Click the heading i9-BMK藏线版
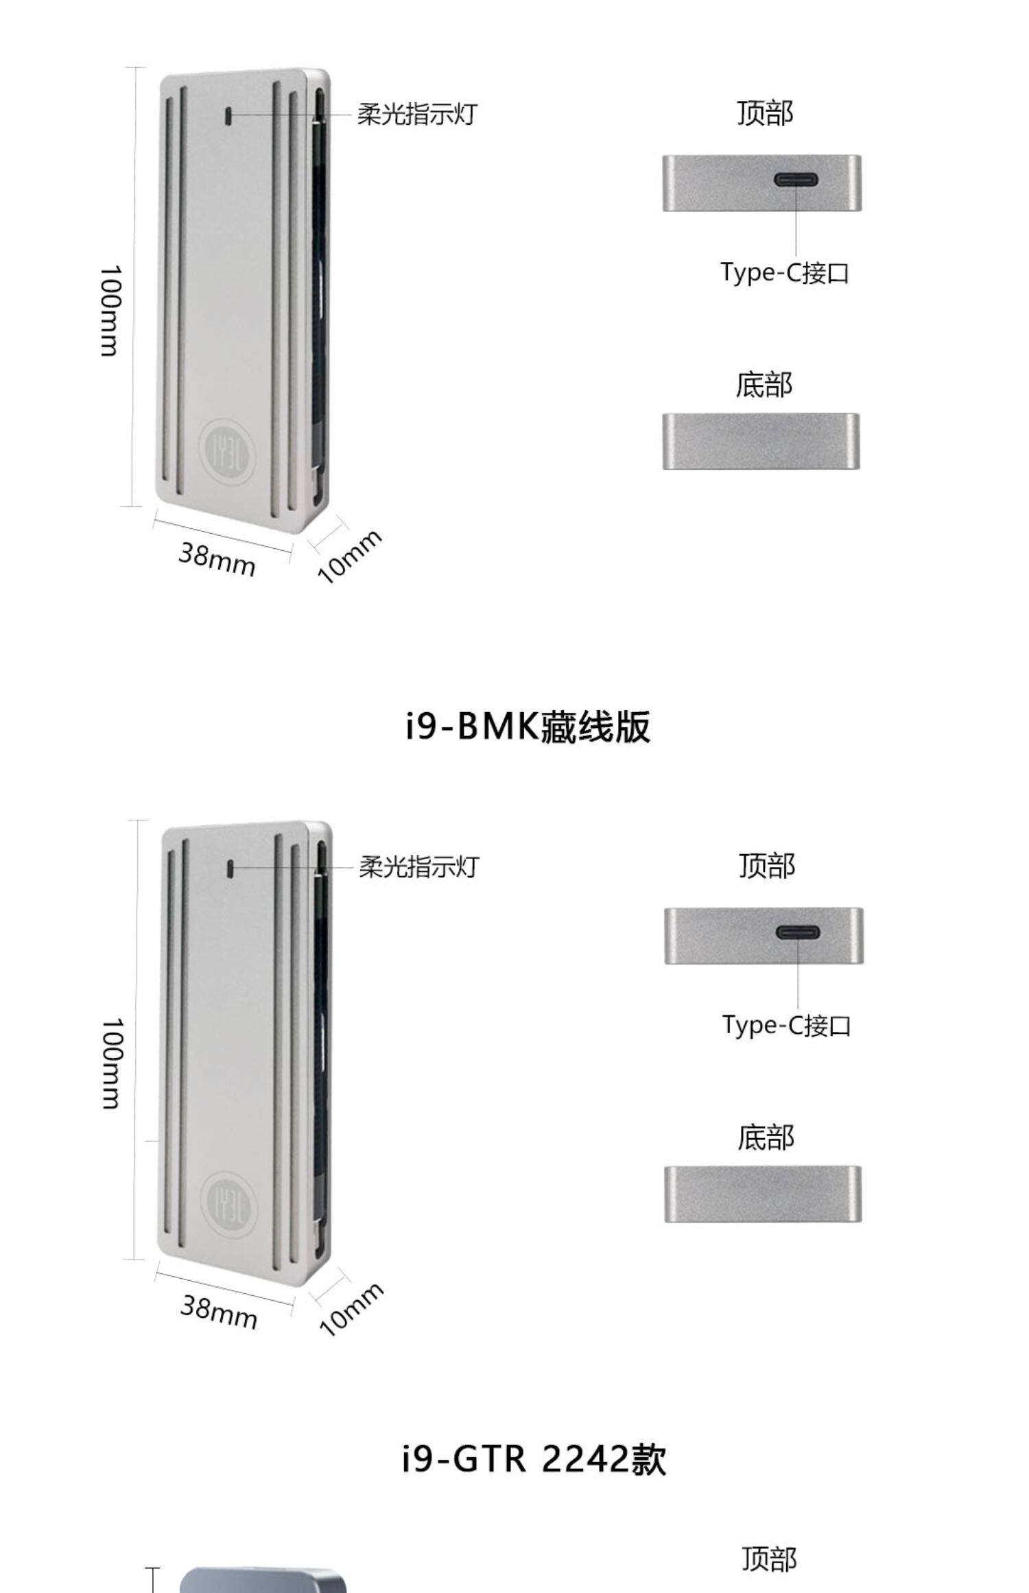528,727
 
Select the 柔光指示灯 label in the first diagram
416,114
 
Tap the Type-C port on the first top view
796,180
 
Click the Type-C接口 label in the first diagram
785,273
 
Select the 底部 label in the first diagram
764,384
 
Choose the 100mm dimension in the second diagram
111,1063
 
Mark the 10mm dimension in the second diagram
351,1308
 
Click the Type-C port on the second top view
798,933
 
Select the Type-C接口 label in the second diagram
786,1025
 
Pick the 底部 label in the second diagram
766,1137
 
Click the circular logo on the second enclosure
228,1197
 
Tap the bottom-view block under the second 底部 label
763,1194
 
